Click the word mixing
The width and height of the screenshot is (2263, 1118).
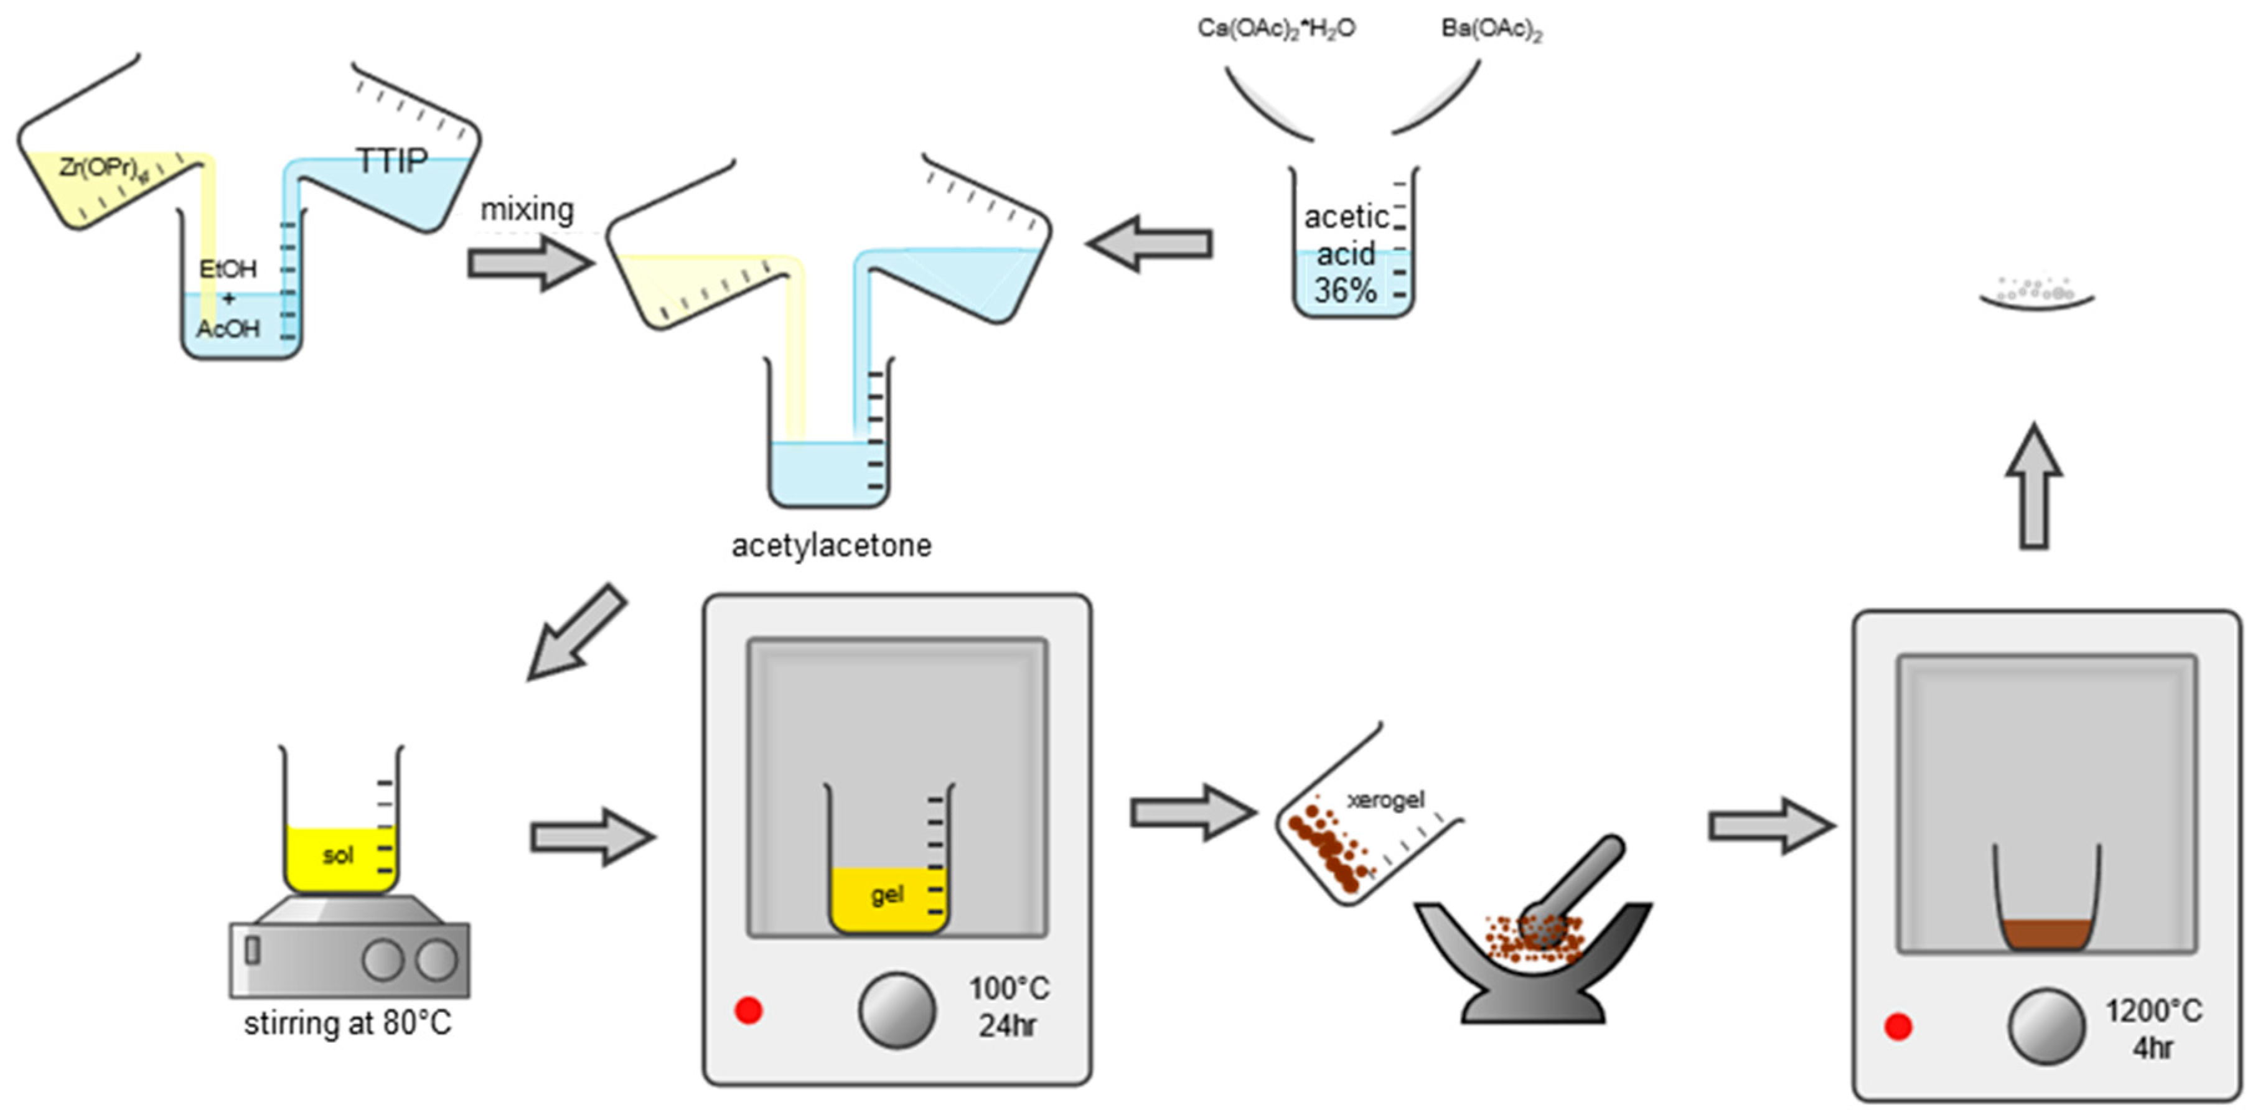[527, 210]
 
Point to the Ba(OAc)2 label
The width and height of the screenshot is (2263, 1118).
[1491, 30]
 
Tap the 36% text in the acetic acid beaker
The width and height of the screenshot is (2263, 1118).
[1344, 291]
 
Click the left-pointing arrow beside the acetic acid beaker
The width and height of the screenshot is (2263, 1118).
[1151, 243]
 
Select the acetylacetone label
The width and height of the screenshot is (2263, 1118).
[831, 546]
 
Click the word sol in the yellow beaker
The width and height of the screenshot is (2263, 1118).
[338, 855]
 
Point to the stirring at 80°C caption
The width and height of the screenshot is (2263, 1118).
[348, 1024]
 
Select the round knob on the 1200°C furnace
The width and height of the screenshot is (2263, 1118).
[2045, 1027]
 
